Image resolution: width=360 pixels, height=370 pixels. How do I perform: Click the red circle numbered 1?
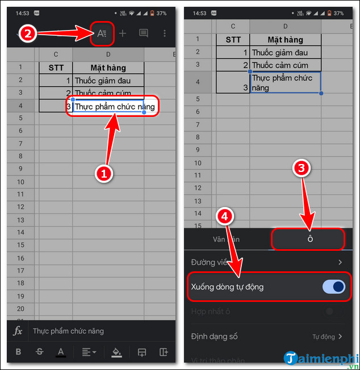pyautogui.click(x=103, y=175)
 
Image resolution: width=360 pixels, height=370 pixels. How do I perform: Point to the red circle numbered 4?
pyautogui.click(x=225, y=217)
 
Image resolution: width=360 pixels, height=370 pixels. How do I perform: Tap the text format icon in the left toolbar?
pyautogui.click(x=102, y=33)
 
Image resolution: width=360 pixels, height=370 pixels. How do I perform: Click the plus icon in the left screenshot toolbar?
pyautogui.click(x=122, y=33)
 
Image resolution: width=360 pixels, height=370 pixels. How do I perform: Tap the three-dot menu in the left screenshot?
pyautogui.click(x=165, y=33)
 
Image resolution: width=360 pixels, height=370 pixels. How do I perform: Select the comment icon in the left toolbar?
pyautogui.click(x=144, y=33)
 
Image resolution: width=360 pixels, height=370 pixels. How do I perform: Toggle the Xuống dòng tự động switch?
pyautogui.click(x=334, y=287)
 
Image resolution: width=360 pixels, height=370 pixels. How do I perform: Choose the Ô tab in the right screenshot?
pyautogui.click(x=309, y=239)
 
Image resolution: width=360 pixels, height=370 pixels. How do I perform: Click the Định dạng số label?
pyautogui.click(x=214, y=337)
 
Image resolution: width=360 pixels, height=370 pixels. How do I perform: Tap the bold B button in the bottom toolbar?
pyautogui.click(x=18, y=352)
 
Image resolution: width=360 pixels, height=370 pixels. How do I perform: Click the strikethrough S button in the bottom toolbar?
pyautogui.click(x=39, y=352)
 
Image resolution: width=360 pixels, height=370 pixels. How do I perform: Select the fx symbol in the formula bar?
pyautogui.click(x=18, y=331)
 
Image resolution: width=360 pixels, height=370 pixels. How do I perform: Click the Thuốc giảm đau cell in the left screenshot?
pyautogui.click(x=108, y=81)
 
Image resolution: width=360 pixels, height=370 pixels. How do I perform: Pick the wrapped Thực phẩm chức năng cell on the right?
pyautogui.click(x=285, y=83)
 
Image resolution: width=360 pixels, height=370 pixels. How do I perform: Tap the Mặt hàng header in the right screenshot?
pyautogui.click(x=285, y=40)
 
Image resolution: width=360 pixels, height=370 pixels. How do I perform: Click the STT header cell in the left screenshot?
pyautogui.click(x=55, y=68)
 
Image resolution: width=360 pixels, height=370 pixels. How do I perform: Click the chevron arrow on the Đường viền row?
pyautogui.click(x=340, y=262)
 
